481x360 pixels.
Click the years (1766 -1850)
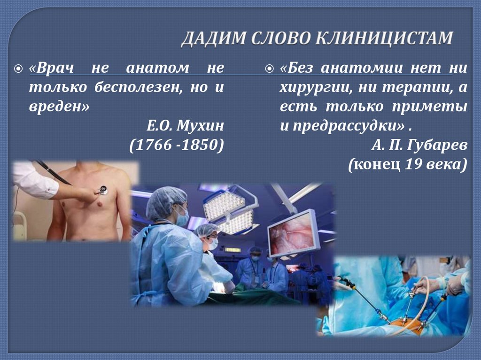click(176, 145)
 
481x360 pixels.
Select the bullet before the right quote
click(269, 69)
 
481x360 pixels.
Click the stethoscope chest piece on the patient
click(102, 190)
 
